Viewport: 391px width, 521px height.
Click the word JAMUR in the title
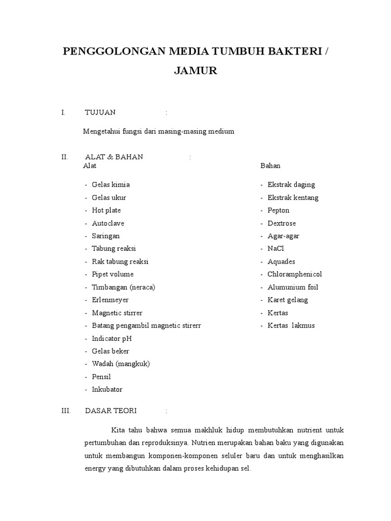pyautogui.click(x=195, y=71)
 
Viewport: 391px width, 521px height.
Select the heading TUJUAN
pyautogui.click(x=100, y=112)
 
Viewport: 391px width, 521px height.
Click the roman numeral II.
pyautogui.click(x=64, y=157)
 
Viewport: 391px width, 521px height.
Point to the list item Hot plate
pyautogui.click(x=106, y=210)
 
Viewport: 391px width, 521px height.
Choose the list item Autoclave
pyautogui.click(x=108, y=223)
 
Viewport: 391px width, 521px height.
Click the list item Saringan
pyautogui.click(x=106, y=236)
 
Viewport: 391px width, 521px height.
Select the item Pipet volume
pyautogui.click(x=113, y=274)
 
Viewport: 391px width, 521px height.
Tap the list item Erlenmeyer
pyautogui.click(x=110, y=300)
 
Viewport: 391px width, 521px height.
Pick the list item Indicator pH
pyautogui.click(x=112, y=338)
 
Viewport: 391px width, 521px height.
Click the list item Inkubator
pyautogui.click(x=107, y=390)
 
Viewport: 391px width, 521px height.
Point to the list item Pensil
pyautogui.click(x=102, y=377)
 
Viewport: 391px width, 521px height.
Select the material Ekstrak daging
pyautogui.click(x=291, y=185)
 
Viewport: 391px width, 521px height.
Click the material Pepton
pyautogui.click(x=278, y=210)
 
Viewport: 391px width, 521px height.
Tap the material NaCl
pyautogui.click(x=275, y=249)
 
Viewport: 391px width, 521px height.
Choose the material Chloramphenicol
pyautogui.click(x=295, y=274)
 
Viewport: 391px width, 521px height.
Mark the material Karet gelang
pyautogui.click(x=288, y=300)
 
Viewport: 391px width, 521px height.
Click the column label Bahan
pyautogui.click(x=270, y=166)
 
